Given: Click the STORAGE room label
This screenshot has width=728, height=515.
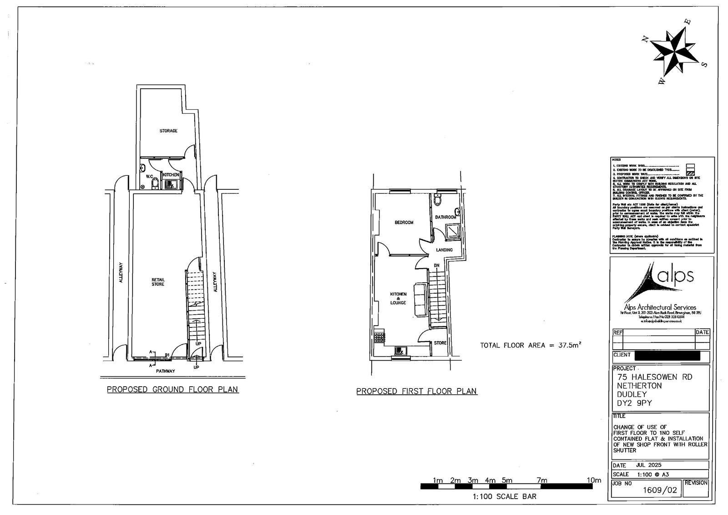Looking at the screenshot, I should pyautogui.click(x=168, y=131).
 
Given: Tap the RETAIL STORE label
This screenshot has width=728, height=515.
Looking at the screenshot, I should pyautogui.click(x=158, y=282).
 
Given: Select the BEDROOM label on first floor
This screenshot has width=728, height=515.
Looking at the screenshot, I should pyautogui.click(x=404, y=223).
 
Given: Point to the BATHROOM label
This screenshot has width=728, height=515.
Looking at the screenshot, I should pyautogui.click(x=445, y=217).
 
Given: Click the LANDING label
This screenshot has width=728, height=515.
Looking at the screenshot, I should pyautogui.click(x=444, y=250).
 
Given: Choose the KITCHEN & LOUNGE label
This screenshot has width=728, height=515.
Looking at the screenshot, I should pyautogui.click(x=398, y=298).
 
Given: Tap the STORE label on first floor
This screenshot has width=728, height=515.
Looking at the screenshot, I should pyautogui.click(x=440, y=343).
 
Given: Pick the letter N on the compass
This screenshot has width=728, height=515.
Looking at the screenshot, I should pyautogui.click(x=644, y=40).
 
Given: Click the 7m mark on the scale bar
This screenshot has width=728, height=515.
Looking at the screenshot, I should pyautogui.click(x=541, y=480).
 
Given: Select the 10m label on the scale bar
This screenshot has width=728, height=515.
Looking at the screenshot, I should pyautogui.click(x=593, y=480).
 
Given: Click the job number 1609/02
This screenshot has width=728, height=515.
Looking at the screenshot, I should pyautogui.click(x=659, y=490).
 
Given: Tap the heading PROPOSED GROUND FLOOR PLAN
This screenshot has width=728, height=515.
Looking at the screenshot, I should pyautogui.click(x=172, y=389).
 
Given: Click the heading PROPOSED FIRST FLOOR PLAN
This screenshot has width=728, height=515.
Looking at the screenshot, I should pyautogui.click(x=416, y=391).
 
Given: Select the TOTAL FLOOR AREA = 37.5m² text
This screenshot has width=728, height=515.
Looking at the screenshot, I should pyautogui.click(x=531, y=345).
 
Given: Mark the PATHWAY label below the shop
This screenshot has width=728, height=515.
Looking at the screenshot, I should pyautogui.click(x=165, y=371).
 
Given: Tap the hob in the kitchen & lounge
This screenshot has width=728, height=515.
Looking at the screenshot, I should pyautogui.click(x=379, y=337).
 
